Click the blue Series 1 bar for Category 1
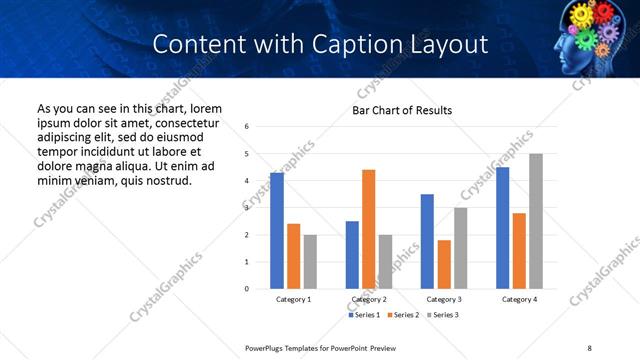click(x=277, y=231)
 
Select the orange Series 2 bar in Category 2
click(x=369, y=229)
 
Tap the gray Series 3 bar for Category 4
click(x=536, y=221)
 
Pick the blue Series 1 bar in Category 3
click(x=428, y=241)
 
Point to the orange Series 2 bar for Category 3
click(x=444, y=264)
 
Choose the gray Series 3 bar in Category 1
click(x=310, y=262)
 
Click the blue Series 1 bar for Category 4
click(x=502, y=228)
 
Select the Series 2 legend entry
click(x=403, y=315)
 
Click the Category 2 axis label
click(x=369, y=299)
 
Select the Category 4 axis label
click(x=519, y=299)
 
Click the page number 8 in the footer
click(x=590, y=347)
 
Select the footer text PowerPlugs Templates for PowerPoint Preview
click(x=321, y=347)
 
